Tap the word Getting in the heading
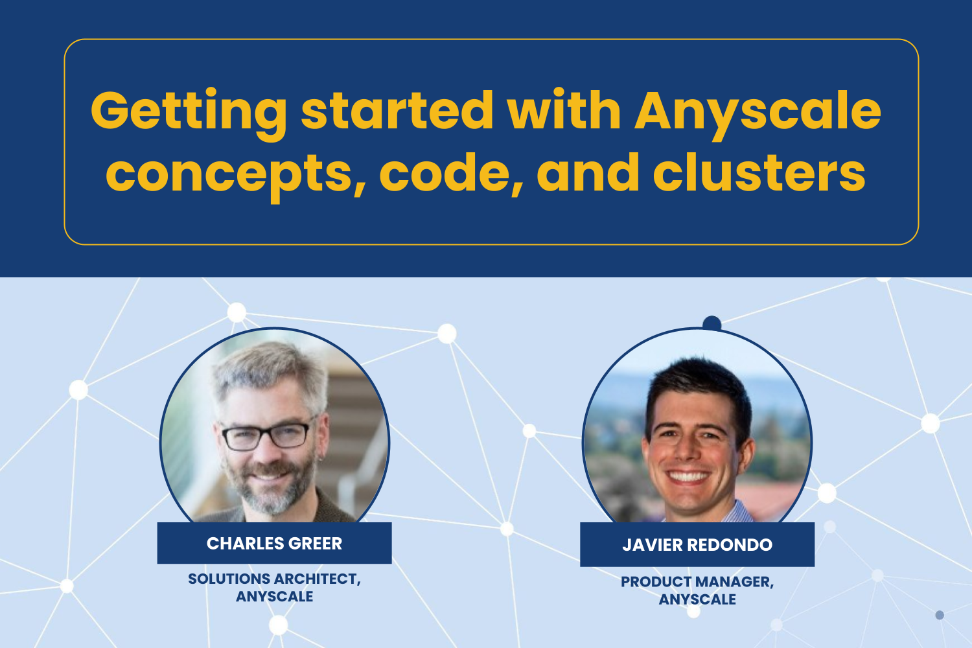(188, 111)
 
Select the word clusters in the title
(759, 173)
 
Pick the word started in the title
(397, 111)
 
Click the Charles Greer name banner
(274, 543)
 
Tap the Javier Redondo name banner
(697, 544)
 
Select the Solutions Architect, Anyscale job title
(274, 587)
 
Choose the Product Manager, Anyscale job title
(697, 590)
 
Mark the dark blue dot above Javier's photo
(712, 323)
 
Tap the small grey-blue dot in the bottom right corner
(940, 614)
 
